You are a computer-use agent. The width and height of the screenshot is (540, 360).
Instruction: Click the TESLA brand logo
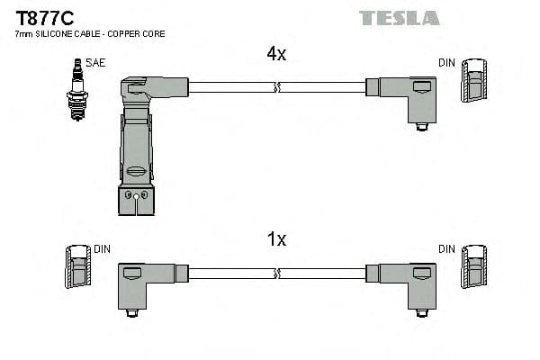(399, 18)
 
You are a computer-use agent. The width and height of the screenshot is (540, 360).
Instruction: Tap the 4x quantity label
(276, 54)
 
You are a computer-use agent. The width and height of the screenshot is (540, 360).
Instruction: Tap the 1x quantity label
(276, 239)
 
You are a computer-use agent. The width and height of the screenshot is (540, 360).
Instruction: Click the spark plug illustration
(76, 90)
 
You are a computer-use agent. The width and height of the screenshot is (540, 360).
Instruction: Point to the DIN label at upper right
(446, 63)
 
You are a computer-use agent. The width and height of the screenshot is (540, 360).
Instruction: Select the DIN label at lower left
(102, 249)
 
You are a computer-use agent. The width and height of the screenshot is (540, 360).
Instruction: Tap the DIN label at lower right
(446, 249)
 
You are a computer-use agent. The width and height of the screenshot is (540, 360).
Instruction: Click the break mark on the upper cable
(277, 87)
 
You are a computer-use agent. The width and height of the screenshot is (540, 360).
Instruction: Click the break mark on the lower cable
(277, 273)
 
